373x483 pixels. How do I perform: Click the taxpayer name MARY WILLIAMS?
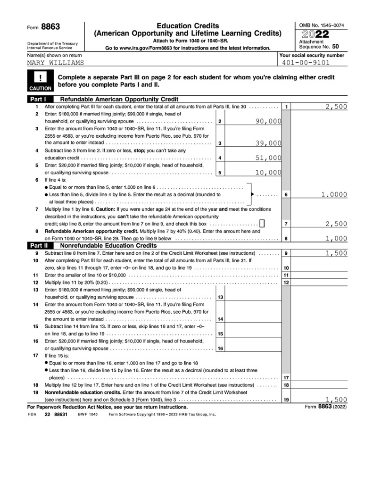55,62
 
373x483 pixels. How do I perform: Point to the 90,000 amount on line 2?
268,122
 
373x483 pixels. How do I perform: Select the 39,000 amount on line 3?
268,143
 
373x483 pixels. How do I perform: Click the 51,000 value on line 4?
268,158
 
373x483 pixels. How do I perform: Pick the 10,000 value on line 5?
268,172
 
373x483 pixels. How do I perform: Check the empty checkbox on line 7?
262,224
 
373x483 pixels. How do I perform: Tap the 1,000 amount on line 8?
336,238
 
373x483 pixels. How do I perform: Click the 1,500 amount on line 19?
336,399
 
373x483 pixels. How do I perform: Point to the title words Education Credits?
188,25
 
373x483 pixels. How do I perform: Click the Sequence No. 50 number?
335,47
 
